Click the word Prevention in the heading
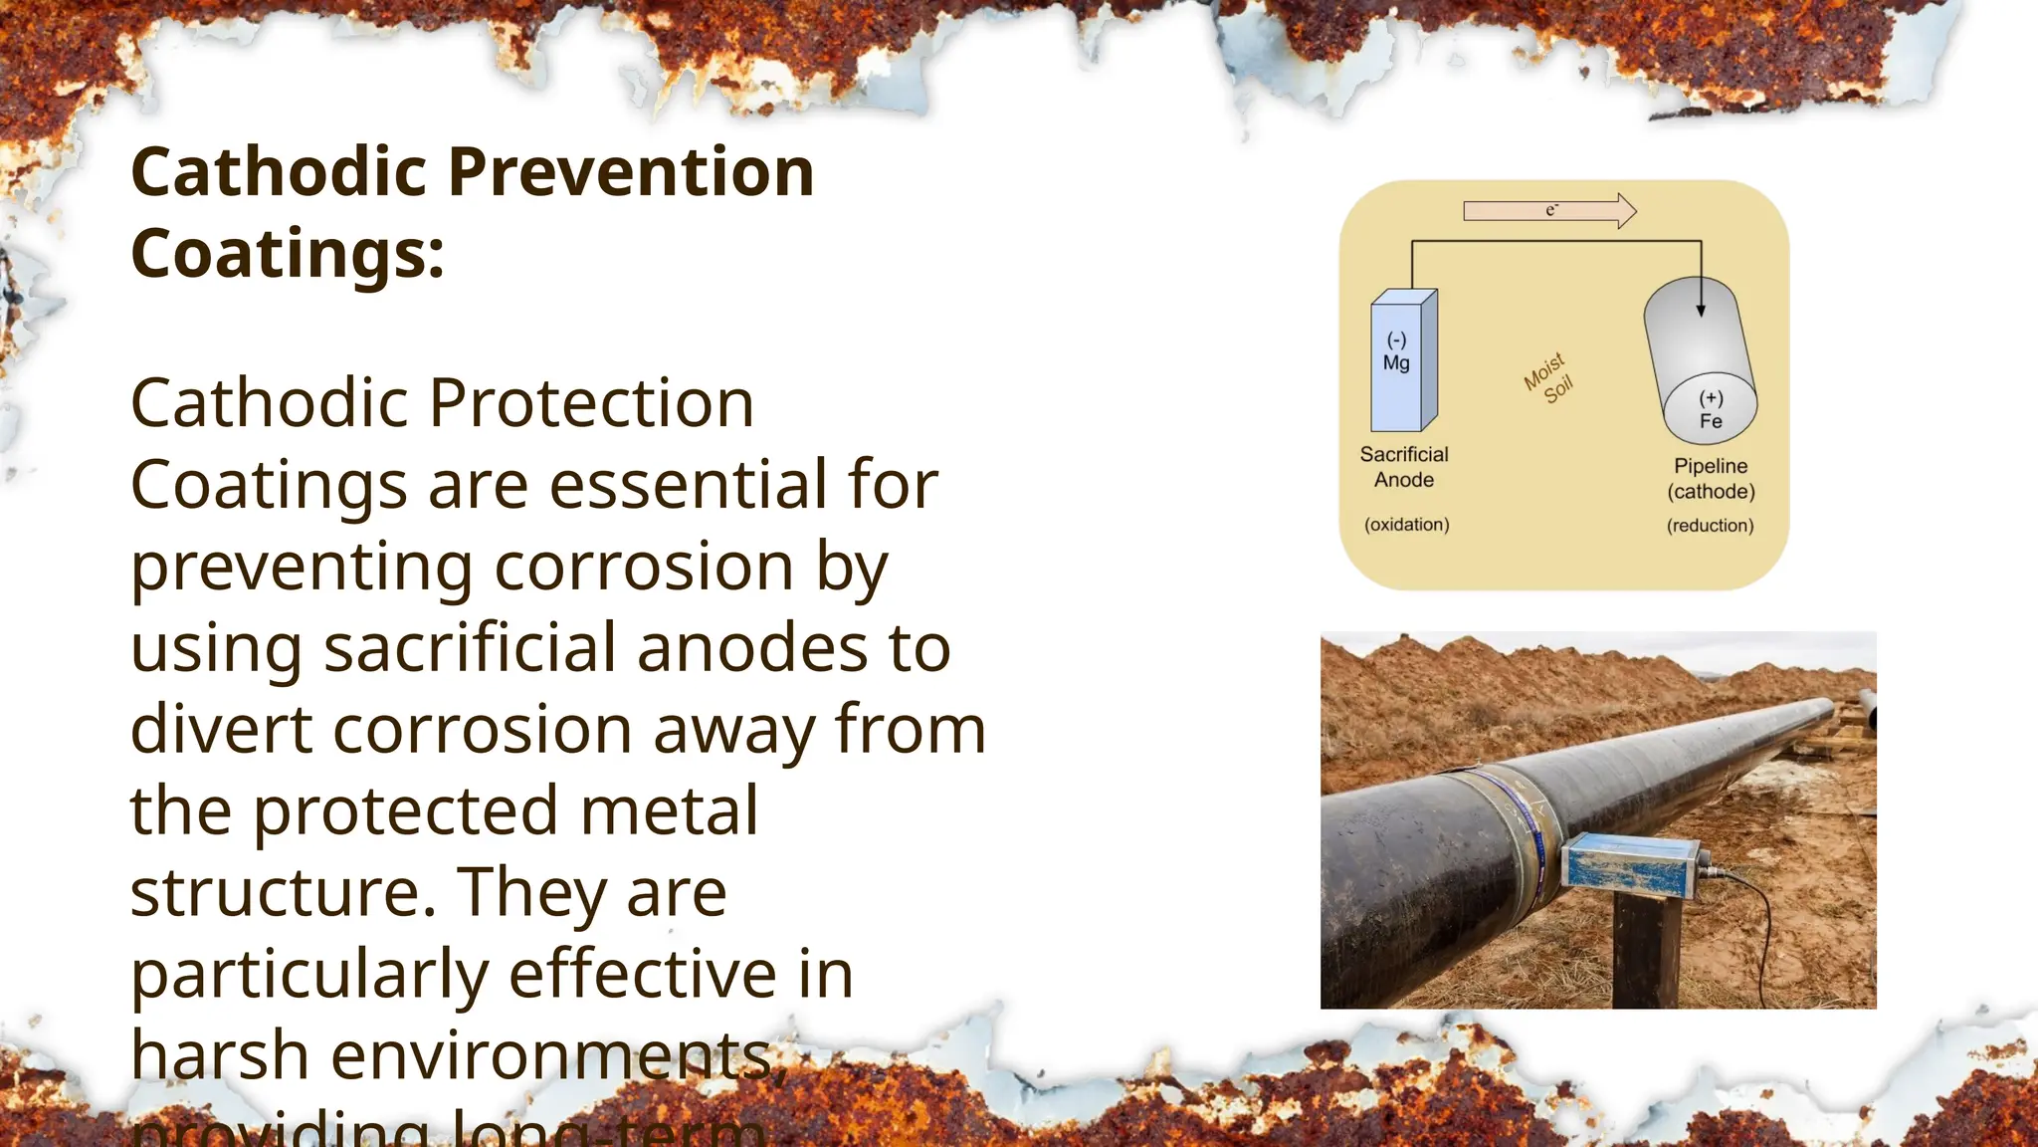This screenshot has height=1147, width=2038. (x=631, y=172)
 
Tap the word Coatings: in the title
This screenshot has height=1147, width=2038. (x=288, y=254)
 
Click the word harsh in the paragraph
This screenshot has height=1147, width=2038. (x=220, y=1055)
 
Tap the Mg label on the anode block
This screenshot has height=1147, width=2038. (x=1396, y=363)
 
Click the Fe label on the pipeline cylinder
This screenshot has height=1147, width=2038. (x=1711, y=421)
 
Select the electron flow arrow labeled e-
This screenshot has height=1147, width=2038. (x=1549, y=210)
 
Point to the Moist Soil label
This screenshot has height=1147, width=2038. (x=1548, y=378)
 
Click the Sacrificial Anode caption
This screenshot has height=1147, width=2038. (x=1404, y=467)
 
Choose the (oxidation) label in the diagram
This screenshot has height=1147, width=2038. (x=1406, y=525)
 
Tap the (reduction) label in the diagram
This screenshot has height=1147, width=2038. (x=1710, y=526)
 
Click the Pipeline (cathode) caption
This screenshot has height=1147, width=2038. (x=1711, y=479)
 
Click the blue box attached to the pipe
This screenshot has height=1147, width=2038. (x=1629, y=863)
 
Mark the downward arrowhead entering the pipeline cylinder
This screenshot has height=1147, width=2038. (x=1701, y=310)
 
